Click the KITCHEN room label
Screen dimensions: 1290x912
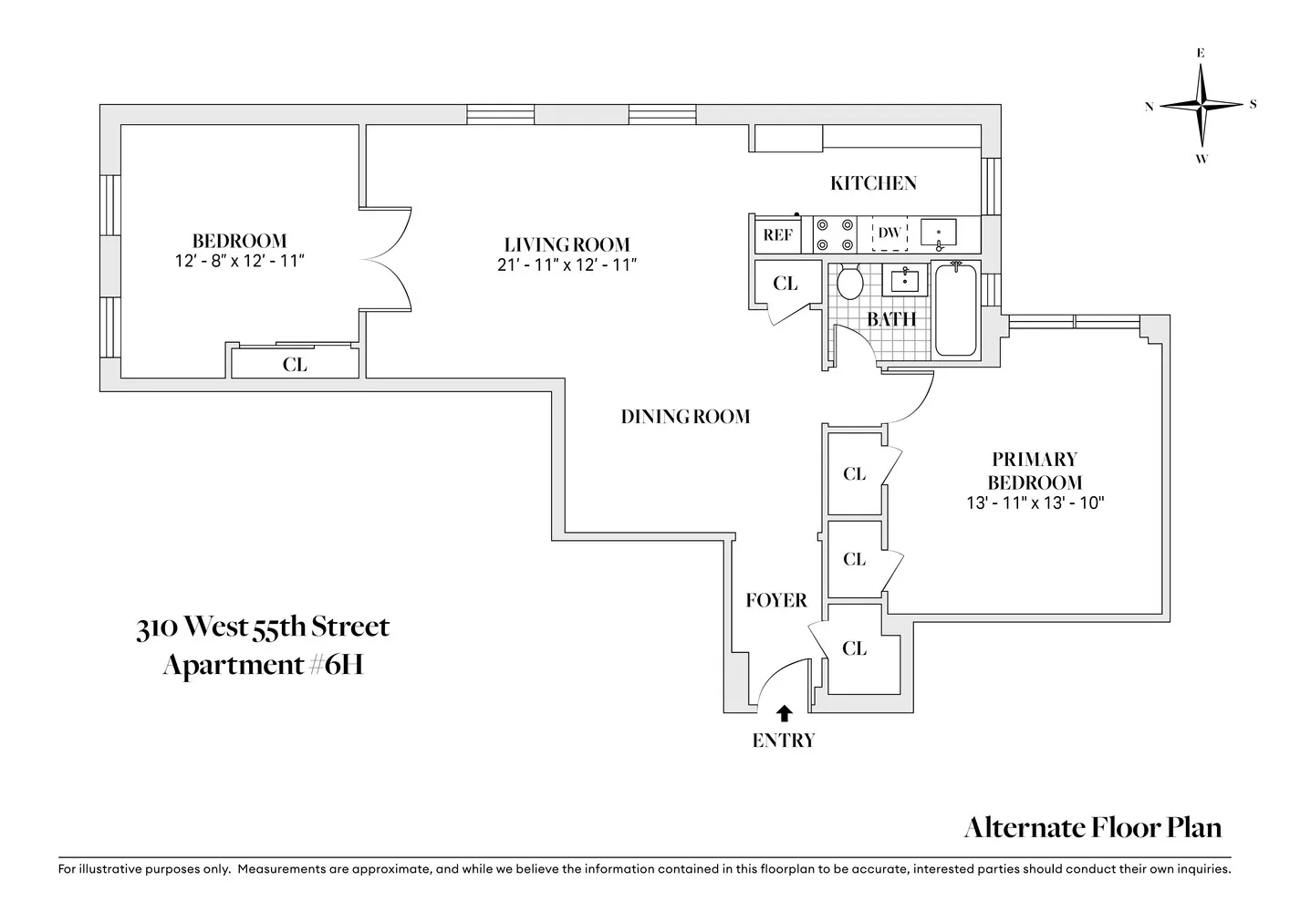[x=873, y=183]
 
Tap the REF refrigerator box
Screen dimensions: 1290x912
[x=777, y=235]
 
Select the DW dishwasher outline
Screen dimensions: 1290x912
[x=889, y=233]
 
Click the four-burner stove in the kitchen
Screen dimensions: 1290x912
[x=835, y=235]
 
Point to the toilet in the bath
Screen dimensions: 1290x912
[x=849, y=282]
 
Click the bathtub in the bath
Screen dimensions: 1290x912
[x=955, y=309]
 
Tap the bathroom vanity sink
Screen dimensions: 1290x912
[x=905, y=280]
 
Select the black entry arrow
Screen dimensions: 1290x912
[x=784, y=713]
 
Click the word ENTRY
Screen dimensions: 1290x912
[x=784, y=741]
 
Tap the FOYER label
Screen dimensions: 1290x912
[x=776, y=600]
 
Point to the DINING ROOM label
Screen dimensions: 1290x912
[x=685, y=416]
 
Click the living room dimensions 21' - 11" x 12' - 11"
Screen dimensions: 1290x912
[x=567, y=264]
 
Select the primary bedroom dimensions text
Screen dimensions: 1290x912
[x=1035, y=503]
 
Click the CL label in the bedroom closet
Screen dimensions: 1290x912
[x=295, y=365]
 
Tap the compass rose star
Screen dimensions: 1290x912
[x=1201, y=106]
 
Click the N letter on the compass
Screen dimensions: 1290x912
[x=1149, y=107]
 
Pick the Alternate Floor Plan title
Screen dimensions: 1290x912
[x=1092, y=827]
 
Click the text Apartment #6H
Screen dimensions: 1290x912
[x=263, y=665]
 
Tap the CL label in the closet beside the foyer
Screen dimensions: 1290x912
[x=854, y=648]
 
